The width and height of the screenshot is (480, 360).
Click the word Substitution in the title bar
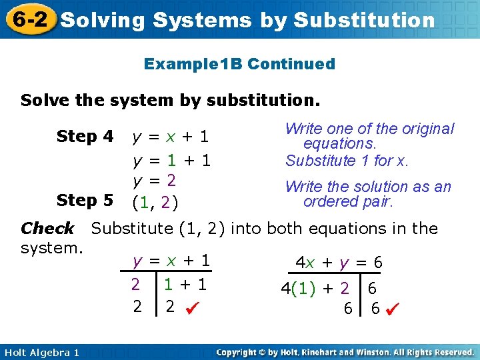364,20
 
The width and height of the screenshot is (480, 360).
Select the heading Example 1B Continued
239,64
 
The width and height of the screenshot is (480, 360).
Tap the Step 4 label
85,137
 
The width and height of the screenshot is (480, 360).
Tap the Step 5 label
85,200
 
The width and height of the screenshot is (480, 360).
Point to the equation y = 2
154,181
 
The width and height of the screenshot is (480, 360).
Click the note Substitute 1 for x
347,161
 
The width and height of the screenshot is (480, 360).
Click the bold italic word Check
47,229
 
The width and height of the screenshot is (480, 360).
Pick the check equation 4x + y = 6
339,263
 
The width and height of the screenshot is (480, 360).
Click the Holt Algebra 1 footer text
41,351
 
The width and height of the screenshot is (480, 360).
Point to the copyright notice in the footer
345,351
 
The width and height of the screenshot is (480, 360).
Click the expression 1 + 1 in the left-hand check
186,285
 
